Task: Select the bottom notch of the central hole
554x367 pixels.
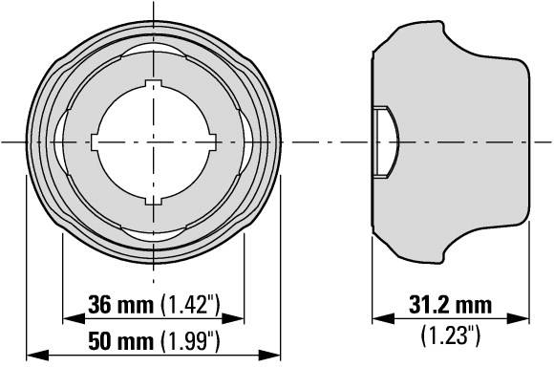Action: (154, 200)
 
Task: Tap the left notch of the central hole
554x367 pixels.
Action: (96, 142)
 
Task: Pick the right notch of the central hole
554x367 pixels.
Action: (211, 142)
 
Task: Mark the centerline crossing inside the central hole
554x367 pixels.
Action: (154, 142)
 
